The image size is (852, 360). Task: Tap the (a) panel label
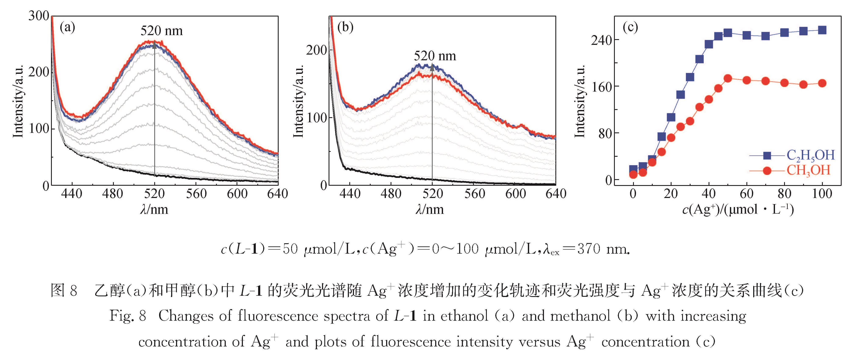(67, 27)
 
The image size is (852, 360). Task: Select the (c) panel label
(630, 27)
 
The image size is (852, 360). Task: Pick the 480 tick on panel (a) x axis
(113, 194)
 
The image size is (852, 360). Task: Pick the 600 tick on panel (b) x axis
(515, 194)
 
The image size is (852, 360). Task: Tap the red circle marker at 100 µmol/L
(822, 83)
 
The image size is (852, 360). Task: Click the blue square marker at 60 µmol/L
(746, 35)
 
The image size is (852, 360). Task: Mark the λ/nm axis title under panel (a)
(154, 210)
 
